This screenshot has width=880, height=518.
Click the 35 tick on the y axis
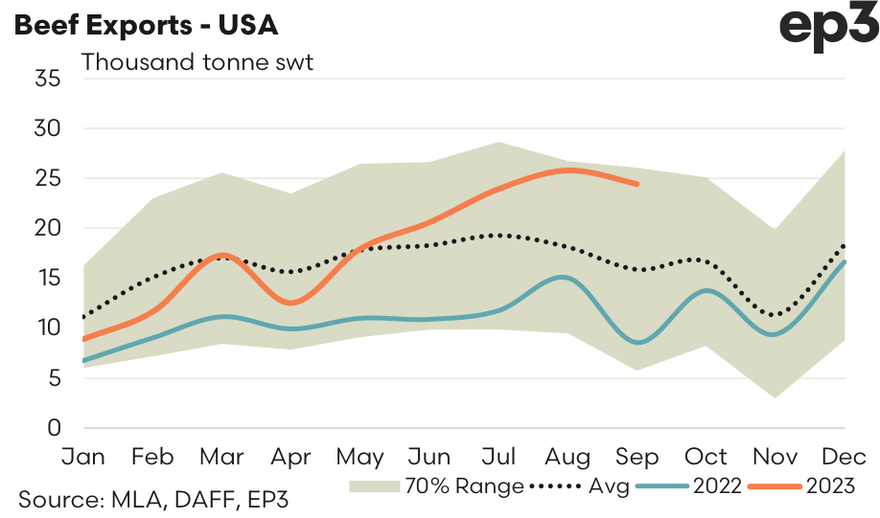pos(48,79)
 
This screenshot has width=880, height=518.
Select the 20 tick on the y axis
pos(48,228)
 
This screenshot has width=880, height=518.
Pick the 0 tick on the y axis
pos(56,427)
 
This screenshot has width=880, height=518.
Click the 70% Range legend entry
pos(436,486)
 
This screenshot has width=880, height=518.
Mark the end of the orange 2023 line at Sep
pos(637,184)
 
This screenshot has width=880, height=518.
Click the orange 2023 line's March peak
pos(222,255)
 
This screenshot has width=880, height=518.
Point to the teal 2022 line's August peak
pos(566,278)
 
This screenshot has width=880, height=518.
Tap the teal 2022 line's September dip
pos(637,342)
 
